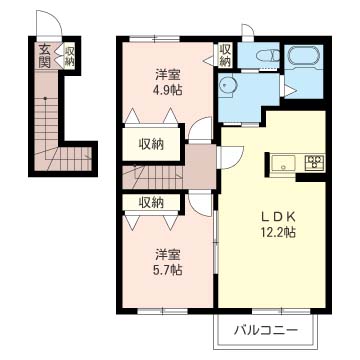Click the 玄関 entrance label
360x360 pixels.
[46, 55]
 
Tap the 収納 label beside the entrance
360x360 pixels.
[69, 55]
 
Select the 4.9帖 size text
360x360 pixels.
[167, 90]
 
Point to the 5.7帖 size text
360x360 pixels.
[167, 270]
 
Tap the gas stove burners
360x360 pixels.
[313, 162]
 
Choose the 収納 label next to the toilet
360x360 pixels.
[226, 55]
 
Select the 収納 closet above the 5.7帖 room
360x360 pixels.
[153, 202]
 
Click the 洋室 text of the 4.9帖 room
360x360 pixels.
[167, 73]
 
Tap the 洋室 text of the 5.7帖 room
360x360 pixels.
[167, 253]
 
